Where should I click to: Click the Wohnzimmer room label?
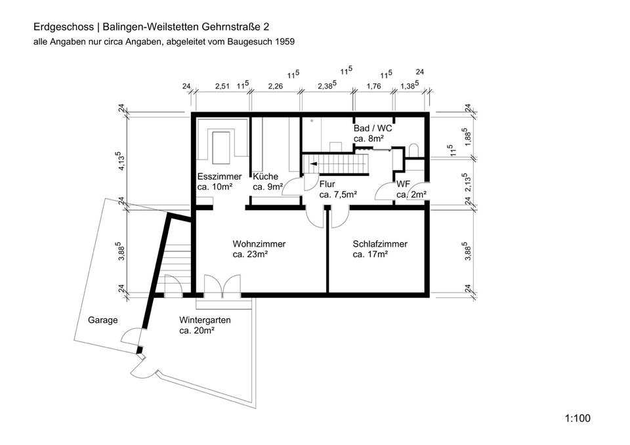(x=259, y=244)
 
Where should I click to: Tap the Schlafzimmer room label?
(x=379, y=244)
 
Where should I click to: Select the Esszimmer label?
(x=219, y=177)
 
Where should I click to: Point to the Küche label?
(x=266, y=177)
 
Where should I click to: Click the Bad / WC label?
(x=373, y=129)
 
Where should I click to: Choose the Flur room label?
(x=327, y=184)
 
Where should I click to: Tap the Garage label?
(x=102, y=320)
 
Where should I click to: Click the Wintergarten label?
(x=205, y=320)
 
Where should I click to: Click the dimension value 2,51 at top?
(x=222, y=86)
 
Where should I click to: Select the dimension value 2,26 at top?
(x=276, y=86)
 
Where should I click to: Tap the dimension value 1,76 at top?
(x=373, y=86)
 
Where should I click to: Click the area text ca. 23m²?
(x=249, y=254)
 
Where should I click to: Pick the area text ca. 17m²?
(x=369, y=254)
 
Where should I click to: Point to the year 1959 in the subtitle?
(x=283, y=41)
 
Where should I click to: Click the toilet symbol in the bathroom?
(x=413, y=150)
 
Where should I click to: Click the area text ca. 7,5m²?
(x=338, y=195)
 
